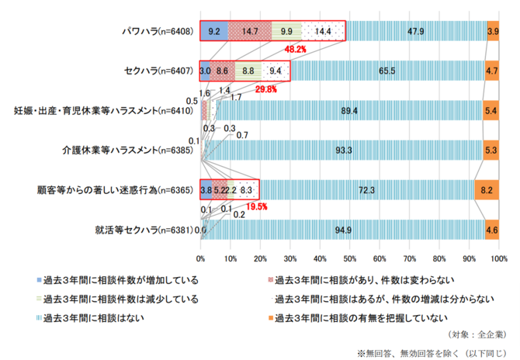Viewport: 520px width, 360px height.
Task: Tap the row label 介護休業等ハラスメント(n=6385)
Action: pyautogui.click(x=128, y=151)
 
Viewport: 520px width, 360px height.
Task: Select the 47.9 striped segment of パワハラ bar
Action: pyautogui.click(x=415, y=31)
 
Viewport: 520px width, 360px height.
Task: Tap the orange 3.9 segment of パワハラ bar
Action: pyautogui.click(x=493, y=31)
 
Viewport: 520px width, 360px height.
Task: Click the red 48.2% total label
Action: pyautogui.click(x=296, y=49)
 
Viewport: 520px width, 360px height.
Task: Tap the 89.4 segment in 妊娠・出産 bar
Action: pyautogui.click(x=349, y=111)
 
